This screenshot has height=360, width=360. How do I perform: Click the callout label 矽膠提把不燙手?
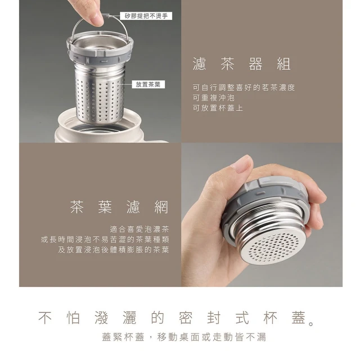pyautogui.click(x=146, y=16)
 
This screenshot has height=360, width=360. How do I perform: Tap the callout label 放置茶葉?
pyautogui.click(x=148, y=84)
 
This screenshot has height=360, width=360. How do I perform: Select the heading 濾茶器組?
pyautogui.click(x=242, y=64)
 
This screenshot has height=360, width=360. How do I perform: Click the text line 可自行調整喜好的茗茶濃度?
pyautogui.click(x=244, y=88)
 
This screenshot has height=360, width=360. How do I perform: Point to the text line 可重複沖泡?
pyautogui.click(x=214, y=98)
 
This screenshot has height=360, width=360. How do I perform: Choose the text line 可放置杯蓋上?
pyautogui.click(x=218, y=108)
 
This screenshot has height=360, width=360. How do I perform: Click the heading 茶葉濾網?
pyautogui.click(x=119, y=207)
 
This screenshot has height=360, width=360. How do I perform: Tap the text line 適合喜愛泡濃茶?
pyautogui.click(x=139, y=229)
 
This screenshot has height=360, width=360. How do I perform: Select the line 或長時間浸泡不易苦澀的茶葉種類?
pyautogui.click(x=105, y=240)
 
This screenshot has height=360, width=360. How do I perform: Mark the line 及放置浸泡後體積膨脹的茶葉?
pyautogui.click(x=114, y=250)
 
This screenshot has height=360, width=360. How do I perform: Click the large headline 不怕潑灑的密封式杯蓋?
pyautogui.click(x=176, y=318)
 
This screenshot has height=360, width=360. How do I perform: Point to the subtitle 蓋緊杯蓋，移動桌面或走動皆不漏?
pyautogui.click(x=184, y=337)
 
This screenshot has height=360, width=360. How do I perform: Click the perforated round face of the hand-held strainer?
pyautogui.click(x=273, y=247)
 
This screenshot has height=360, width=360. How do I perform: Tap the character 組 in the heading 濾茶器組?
pyautogui.click(x=283, y=64)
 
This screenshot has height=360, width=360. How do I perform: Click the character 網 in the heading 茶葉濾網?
pyautogui.click(x=161, y=207)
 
